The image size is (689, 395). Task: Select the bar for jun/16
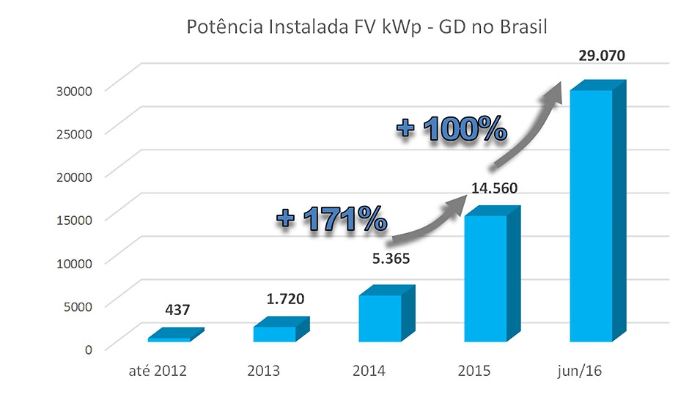click(x=591, y=216)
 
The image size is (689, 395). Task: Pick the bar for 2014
click(x=380, y=318)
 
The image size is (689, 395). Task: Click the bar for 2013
click(x=275, y=333)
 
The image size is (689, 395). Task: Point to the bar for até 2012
click(x=169, y=339)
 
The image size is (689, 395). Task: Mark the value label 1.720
click(x=284, y=299)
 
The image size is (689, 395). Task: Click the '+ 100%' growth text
click(x=452, y=129)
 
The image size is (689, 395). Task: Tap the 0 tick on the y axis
click(x=87, y=349)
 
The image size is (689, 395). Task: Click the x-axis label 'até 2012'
click(x=158, y=370)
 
